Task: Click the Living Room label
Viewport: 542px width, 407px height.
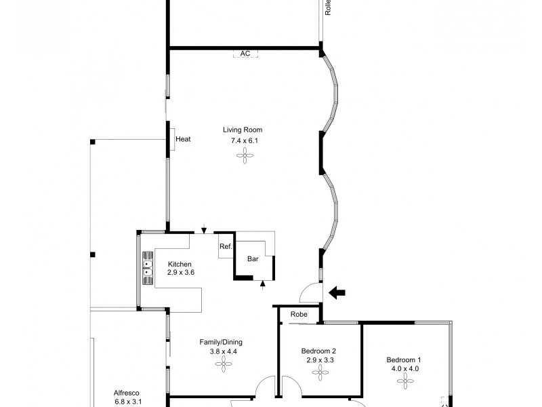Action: [243, 130]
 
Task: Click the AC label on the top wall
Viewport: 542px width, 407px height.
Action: [245, 53]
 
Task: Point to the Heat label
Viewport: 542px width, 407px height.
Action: [183, 140]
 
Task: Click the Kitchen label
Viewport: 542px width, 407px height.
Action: [180, 264]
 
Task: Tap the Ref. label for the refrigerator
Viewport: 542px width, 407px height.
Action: [226, 246]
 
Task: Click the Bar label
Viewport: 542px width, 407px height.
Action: [253, 259]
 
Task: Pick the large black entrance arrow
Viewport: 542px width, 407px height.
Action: [337, 293]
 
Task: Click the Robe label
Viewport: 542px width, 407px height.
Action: [299, 315]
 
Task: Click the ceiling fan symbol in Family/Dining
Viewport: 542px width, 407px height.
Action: [223, 365]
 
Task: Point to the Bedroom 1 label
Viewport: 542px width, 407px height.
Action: [404, 360]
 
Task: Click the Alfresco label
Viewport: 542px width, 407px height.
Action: [128, 391]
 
